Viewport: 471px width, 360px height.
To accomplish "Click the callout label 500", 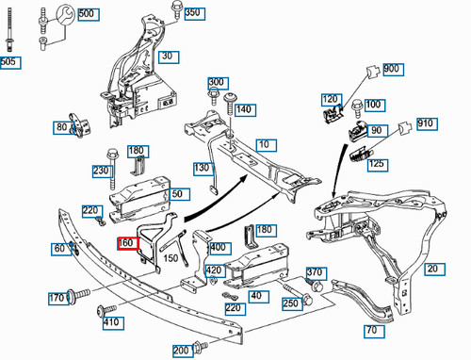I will pyautogui.click(x=87, y=14).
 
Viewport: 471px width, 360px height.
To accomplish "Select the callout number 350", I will pyautogui.click(x=192, y=13).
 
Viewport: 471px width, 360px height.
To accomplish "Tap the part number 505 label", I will pyautogui.click(x=8, y=62).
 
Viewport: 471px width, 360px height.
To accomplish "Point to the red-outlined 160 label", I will pyautogui.click(x=126, y=242).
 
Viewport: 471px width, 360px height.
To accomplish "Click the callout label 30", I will pyautogui.click(x=169, y=56).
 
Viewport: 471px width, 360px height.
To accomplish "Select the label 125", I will pyautogui.click(x=377, y=165).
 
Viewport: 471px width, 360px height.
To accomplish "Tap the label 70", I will pyautogui.click(x=374, y=331).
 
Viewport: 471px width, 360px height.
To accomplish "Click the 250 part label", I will pyautogui.click(x=290, y=303).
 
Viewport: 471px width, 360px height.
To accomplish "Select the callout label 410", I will pyautogui.click(x=111, y=323).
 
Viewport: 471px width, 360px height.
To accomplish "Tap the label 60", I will pyautogui.click(x=60, y=249).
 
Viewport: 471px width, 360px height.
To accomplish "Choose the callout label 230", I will pyautogui.click(x=101, y=171).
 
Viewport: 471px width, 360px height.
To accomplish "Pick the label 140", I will pyautogui.click(x=244, y=109).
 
